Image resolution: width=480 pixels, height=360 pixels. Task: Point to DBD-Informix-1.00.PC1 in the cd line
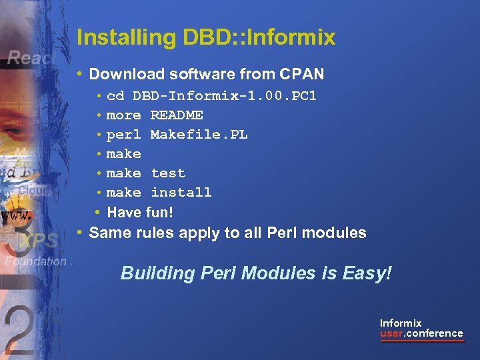pos(225,96)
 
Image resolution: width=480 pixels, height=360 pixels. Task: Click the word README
pos(177,115)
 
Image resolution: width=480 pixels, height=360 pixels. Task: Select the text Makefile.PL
pos(199,135)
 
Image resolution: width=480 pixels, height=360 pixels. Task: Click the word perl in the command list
pos(123,135)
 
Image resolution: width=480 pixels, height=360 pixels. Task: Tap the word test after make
pos(168,173)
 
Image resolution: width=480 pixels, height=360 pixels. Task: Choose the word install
pos(181,193)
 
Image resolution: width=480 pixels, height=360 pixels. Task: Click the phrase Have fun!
pos(140,213)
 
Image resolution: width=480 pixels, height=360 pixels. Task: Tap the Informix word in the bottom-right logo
pos(401,323)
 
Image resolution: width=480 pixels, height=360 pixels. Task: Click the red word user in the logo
pos(392,333)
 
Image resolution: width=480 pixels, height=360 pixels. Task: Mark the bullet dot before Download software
pos(80,73)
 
